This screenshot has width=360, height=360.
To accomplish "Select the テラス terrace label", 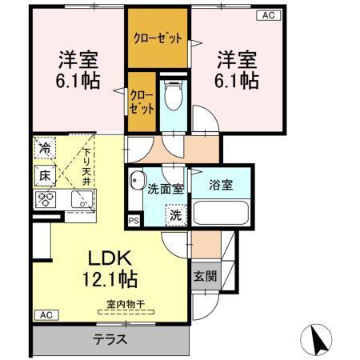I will (111, 338).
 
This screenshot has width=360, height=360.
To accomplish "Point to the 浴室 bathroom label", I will (221, 185).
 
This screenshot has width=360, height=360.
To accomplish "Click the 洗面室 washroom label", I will (166, 189).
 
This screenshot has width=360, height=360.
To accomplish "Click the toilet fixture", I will (172, 99).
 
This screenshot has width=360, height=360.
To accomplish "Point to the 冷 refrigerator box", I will (45, 148).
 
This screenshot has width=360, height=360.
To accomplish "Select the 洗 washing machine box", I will (174, 215).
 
